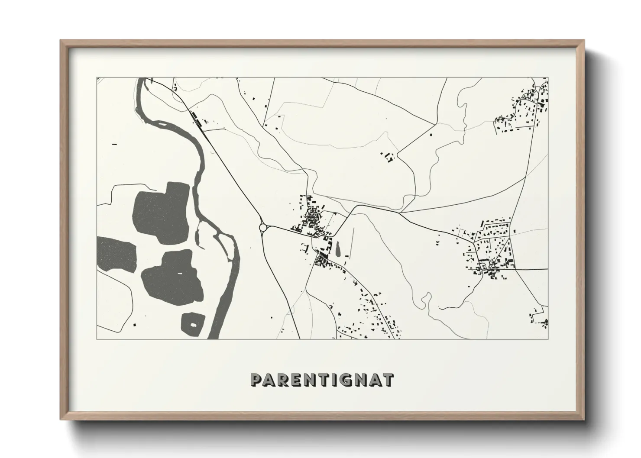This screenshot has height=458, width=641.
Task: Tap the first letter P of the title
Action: [x=256, y=380]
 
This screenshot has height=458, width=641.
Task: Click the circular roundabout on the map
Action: [x=263, y=227]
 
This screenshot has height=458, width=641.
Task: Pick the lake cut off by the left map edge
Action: [x=113, y=254]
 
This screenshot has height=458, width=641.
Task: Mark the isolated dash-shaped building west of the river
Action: [x=115, y=143]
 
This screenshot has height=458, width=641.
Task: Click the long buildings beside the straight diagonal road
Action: [x=196, y=118]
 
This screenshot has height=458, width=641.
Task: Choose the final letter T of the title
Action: [x=389, y=380]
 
